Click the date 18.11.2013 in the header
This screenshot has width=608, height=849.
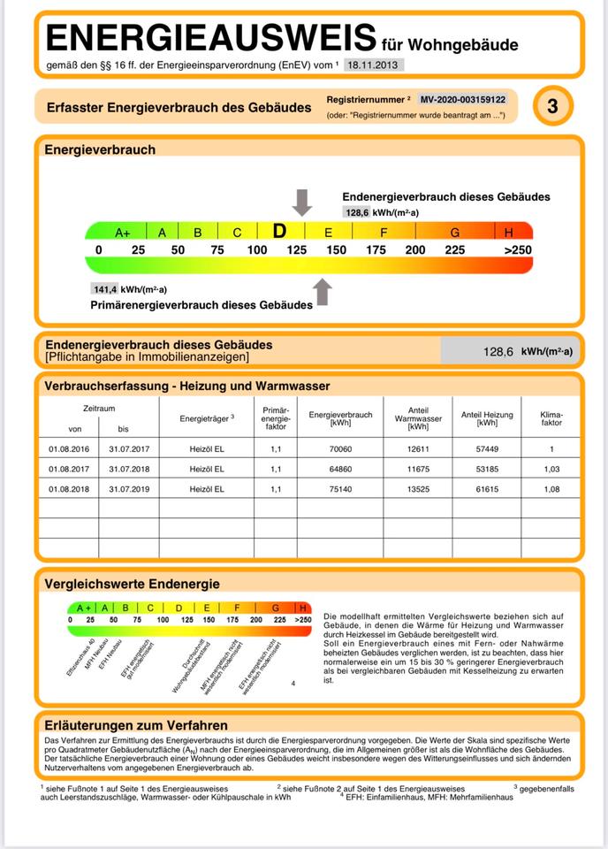point(373,65)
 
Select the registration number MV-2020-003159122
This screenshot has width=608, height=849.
point(462,100)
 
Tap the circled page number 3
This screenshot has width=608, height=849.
point(552,107)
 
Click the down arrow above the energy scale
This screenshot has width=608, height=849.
point(302,203)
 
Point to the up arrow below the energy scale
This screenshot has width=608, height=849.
point(323,291)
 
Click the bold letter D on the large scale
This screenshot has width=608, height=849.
point(279,232)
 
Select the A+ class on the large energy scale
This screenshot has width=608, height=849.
point(123,233)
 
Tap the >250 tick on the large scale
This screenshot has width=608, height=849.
point(518,250)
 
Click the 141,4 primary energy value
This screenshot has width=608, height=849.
point(105,288)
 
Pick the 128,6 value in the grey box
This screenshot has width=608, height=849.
point(498,351)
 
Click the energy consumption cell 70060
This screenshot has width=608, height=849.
point(339,448)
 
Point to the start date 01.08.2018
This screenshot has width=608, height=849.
point(69,488)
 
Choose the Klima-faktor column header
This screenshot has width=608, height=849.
point(551,418)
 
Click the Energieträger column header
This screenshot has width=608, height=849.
point(206,417)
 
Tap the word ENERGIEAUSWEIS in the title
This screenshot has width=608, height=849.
point(210,39)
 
